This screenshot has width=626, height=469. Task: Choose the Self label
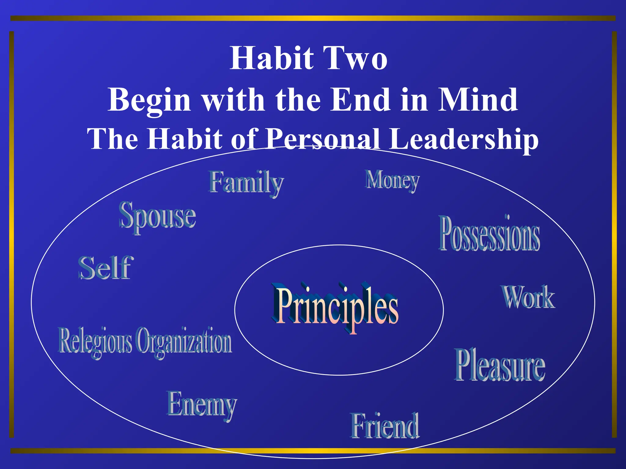click(x=106, y=268)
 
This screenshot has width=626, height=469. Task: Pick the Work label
click(x=528, y=297)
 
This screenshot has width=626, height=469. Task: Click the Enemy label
click(x=202, y=405)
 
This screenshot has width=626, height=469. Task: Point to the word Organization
click(x=184, y=341)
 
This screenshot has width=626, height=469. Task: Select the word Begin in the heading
click(x=149, y=100)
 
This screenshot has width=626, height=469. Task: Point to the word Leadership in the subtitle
click(x=464, y=139)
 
